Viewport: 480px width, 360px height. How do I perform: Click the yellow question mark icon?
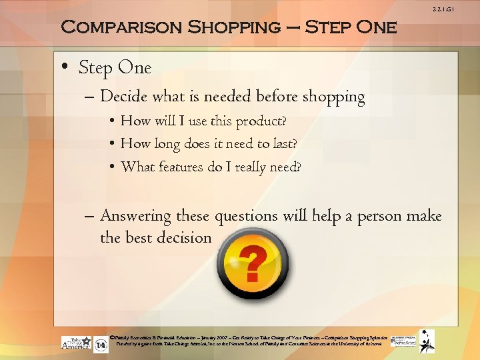(253, 265)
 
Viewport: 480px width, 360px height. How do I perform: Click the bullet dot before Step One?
(65, 68)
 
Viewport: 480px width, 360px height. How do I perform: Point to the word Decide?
(124, 97)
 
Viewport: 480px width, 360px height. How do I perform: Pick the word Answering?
(135, 216)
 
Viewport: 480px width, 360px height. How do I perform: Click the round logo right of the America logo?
(101, 346)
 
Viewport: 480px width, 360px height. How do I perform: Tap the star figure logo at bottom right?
(427, 341)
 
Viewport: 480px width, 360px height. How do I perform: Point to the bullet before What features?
(114, 167)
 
